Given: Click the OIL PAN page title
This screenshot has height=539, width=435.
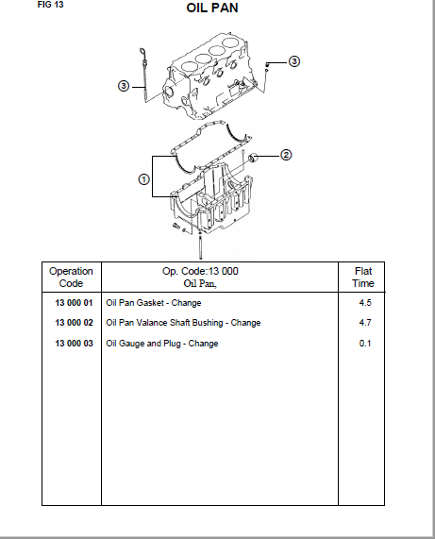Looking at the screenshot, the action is (x=212, y=8).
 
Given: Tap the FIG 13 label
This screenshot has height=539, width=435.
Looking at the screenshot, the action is (x=51, y=5).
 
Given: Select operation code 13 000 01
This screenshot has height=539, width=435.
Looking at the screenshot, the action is (x=74, y=303).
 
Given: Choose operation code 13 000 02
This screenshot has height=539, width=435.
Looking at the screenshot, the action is (x=74, y=323).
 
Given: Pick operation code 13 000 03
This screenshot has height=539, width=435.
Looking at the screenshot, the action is (x=74, y=344).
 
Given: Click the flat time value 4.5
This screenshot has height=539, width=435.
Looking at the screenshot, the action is (x=365, y=303).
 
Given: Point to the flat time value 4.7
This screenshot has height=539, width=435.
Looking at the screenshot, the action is (x=365, y=323).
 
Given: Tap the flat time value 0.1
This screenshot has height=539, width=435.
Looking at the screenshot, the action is (x=365, y=344).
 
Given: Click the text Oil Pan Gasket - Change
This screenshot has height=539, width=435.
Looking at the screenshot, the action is (x=154, y=303).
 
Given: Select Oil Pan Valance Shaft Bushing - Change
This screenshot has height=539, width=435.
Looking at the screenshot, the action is (x=183, y=323).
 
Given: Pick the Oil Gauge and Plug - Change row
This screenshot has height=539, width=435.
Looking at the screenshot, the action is (x=162, y=344).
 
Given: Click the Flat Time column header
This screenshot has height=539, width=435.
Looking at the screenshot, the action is (x=363, y=278).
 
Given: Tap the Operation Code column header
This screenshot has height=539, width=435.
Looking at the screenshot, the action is (x=71, y=278).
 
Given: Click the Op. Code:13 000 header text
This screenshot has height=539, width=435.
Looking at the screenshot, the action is (x=200, y=271).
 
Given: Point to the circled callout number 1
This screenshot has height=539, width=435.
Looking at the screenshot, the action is (x=144, y=179).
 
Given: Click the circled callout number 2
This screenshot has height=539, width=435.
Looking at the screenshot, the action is (x=286, y=155).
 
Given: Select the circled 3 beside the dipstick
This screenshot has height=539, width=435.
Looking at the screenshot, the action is (x=124, y=86).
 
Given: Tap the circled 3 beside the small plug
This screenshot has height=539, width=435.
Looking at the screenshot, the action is (x=294, y=61).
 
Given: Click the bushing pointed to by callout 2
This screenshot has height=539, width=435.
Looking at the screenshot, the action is (x=254, y=159).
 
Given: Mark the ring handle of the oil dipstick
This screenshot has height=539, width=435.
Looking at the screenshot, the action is (x=142, y=52).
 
